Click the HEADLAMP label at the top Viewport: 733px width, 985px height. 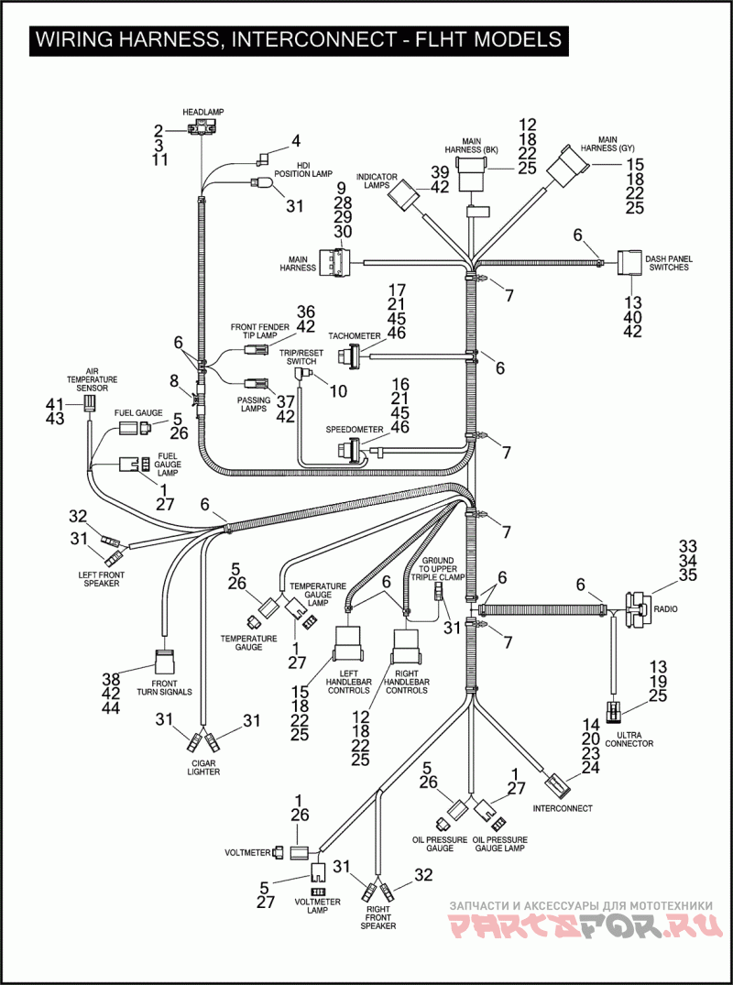[x=202, y=112]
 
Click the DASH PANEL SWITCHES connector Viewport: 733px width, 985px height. [x=629, y=265]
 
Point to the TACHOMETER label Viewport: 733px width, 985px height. [x=355, y=336]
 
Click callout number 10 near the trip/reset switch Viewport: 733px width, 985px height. [x=338, y=391]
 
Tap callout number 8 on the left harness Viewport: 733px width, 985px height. [x=173, y=380]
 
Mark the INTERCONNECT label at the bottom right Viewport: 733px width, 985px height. [x=562, y=808]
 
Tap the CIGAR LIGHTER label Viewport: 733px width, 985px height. [x=203, y=767]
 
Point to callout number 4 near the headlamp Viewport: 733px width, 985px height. [x=295, y=141]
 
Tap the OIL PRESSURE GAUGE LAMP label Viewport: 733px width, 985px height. [x=499, y=844]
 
